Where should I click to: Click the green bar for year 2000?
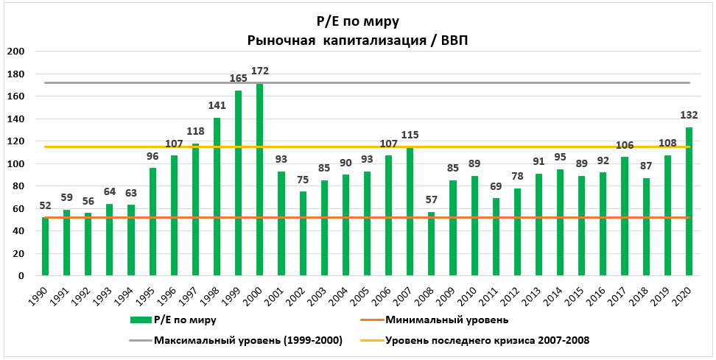[x=260, y=180]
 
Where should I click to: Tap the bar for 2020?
[x=689, y=202]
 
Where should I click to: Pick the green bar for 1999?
[x=239, y=183]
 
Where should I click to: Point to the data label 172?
[x=260, y=71]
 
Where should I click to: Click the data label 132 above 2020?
[x=689, y=115]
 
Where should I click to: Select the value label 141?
[x=217, y=105]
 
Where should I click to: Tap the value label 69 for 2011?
[x=496, y=186]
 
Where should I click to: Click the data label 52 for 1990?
[x=45, y=205]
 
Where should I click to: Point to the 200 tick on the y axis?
[x=16, y=52]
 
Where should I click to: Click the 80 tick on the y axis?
[x=19, y=186]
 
